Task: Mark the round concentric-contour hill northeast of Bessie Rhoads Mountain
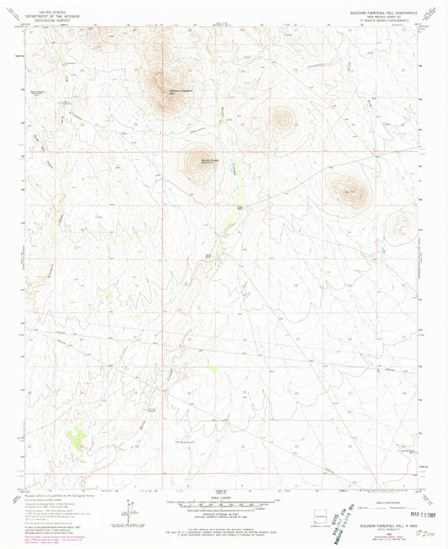(280, 119)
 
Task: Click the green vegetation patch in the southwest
(79, 436)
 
